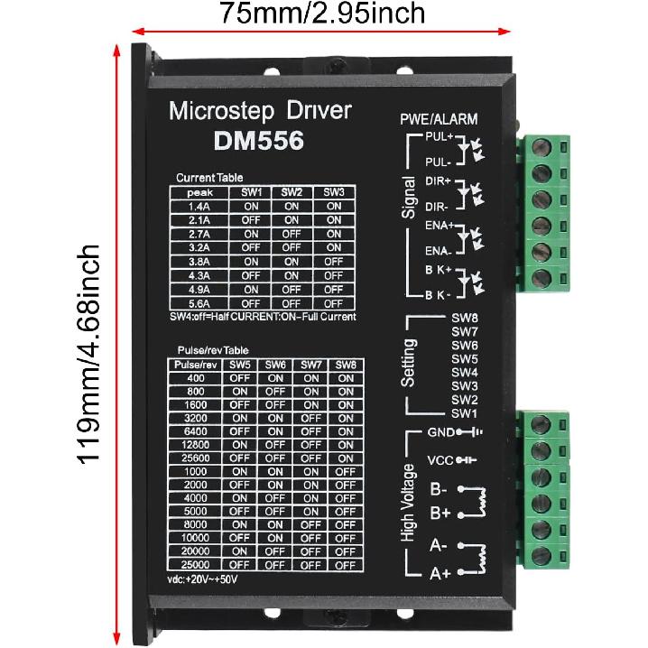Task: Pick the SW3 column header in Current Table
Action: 334,192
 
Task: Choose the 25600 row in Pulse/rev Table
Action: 194,458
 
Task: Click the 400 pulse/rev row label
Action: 194,378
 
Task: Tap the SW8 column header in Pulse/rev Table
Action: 343,365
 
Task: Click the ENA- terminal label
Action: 438,250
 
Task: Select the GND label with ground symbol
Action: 440,431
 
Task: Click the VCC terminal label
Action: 440,460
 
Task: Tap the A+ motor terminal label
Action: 440,572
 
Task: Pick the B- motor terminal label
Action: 440,490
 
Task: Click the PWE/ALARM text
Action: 439,119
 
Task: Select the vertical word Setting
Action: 409,363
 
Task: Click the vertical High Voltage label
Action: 409,503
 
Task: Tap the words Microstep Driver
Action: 260,111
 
